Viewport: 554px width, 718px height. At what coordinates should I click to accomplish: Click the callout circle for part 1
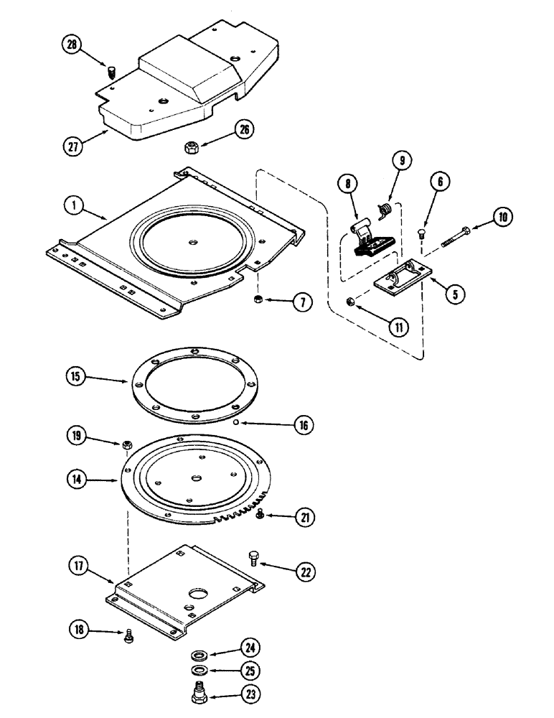(x=72, y=205)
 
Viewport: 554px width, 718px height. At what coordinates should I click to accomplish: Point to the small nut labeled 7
(x=256, y=299)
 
